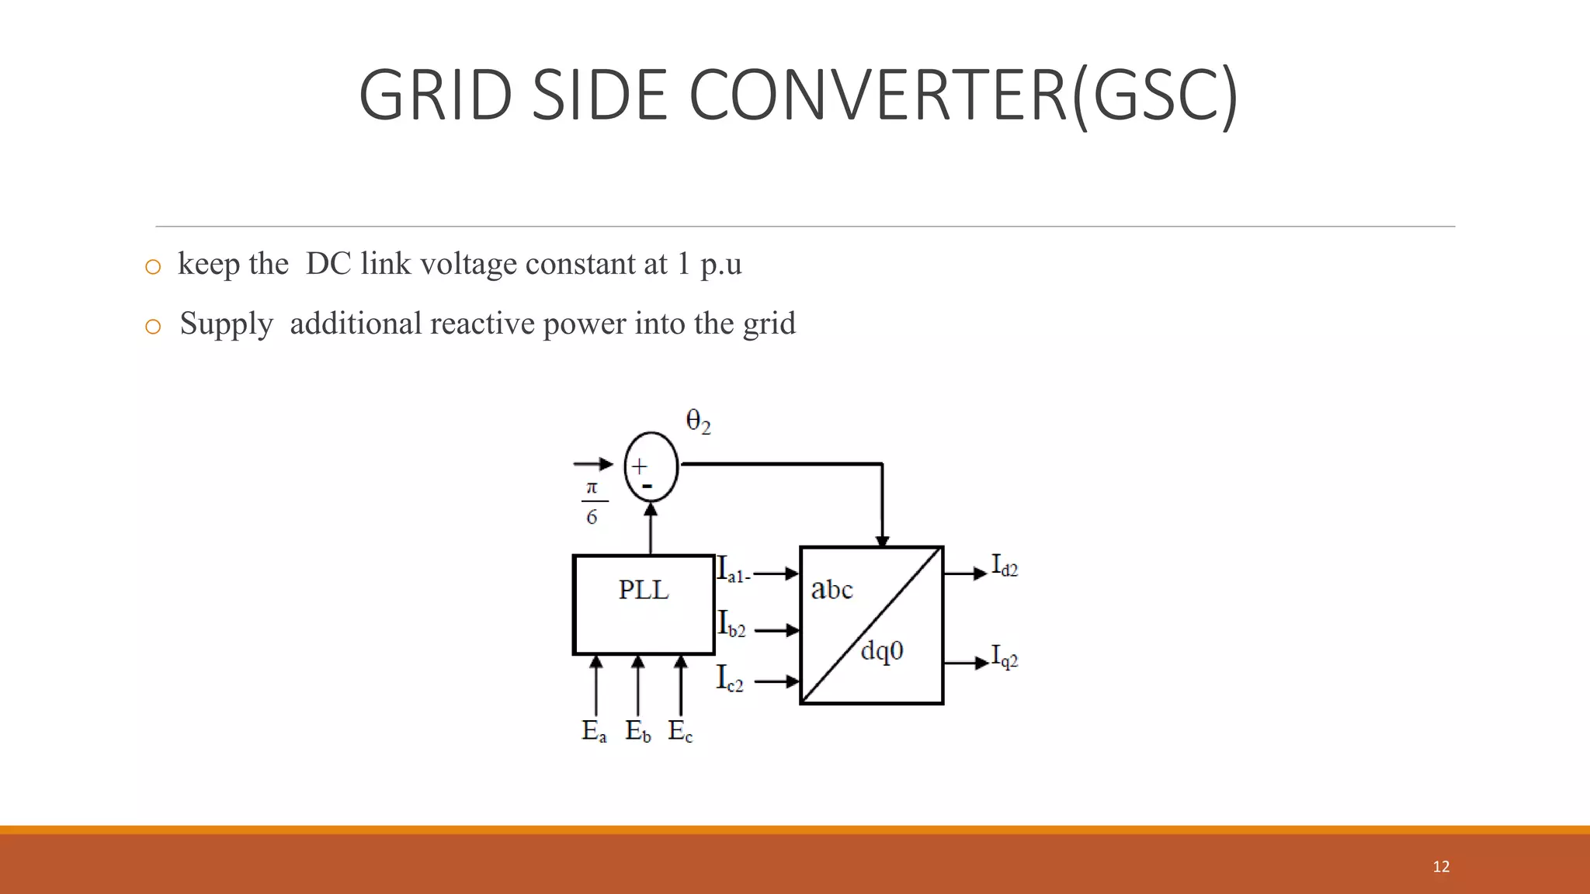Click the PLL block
(x=644, y=605)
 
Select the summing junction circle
(x=651, y=466)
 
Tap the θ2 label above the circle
(x=698, y=422)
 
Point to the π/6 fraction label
(x=592, y=503)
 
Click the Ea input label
(x=594, y=731)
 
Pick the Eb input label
(x=638, y=731)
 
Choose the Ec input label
(x=680, y=731)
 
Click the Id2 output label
(x=1005, y=566)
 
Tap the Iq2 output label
(x=1005, y=657)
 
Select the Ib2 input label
(x=731, y=624)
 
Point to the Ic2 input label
(x=730, y=678)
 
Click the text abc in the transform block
(x=831, y=590)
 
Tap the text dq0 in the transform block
(x=882, y=650)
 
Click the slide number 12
(x=1441, y=867)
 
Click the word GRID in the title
(x=436, y=95)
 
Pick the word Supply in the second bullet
(x=226, y=324)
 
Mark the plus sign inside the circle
(x=639, y=466)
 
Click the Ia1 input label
(x=732, y=570)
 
